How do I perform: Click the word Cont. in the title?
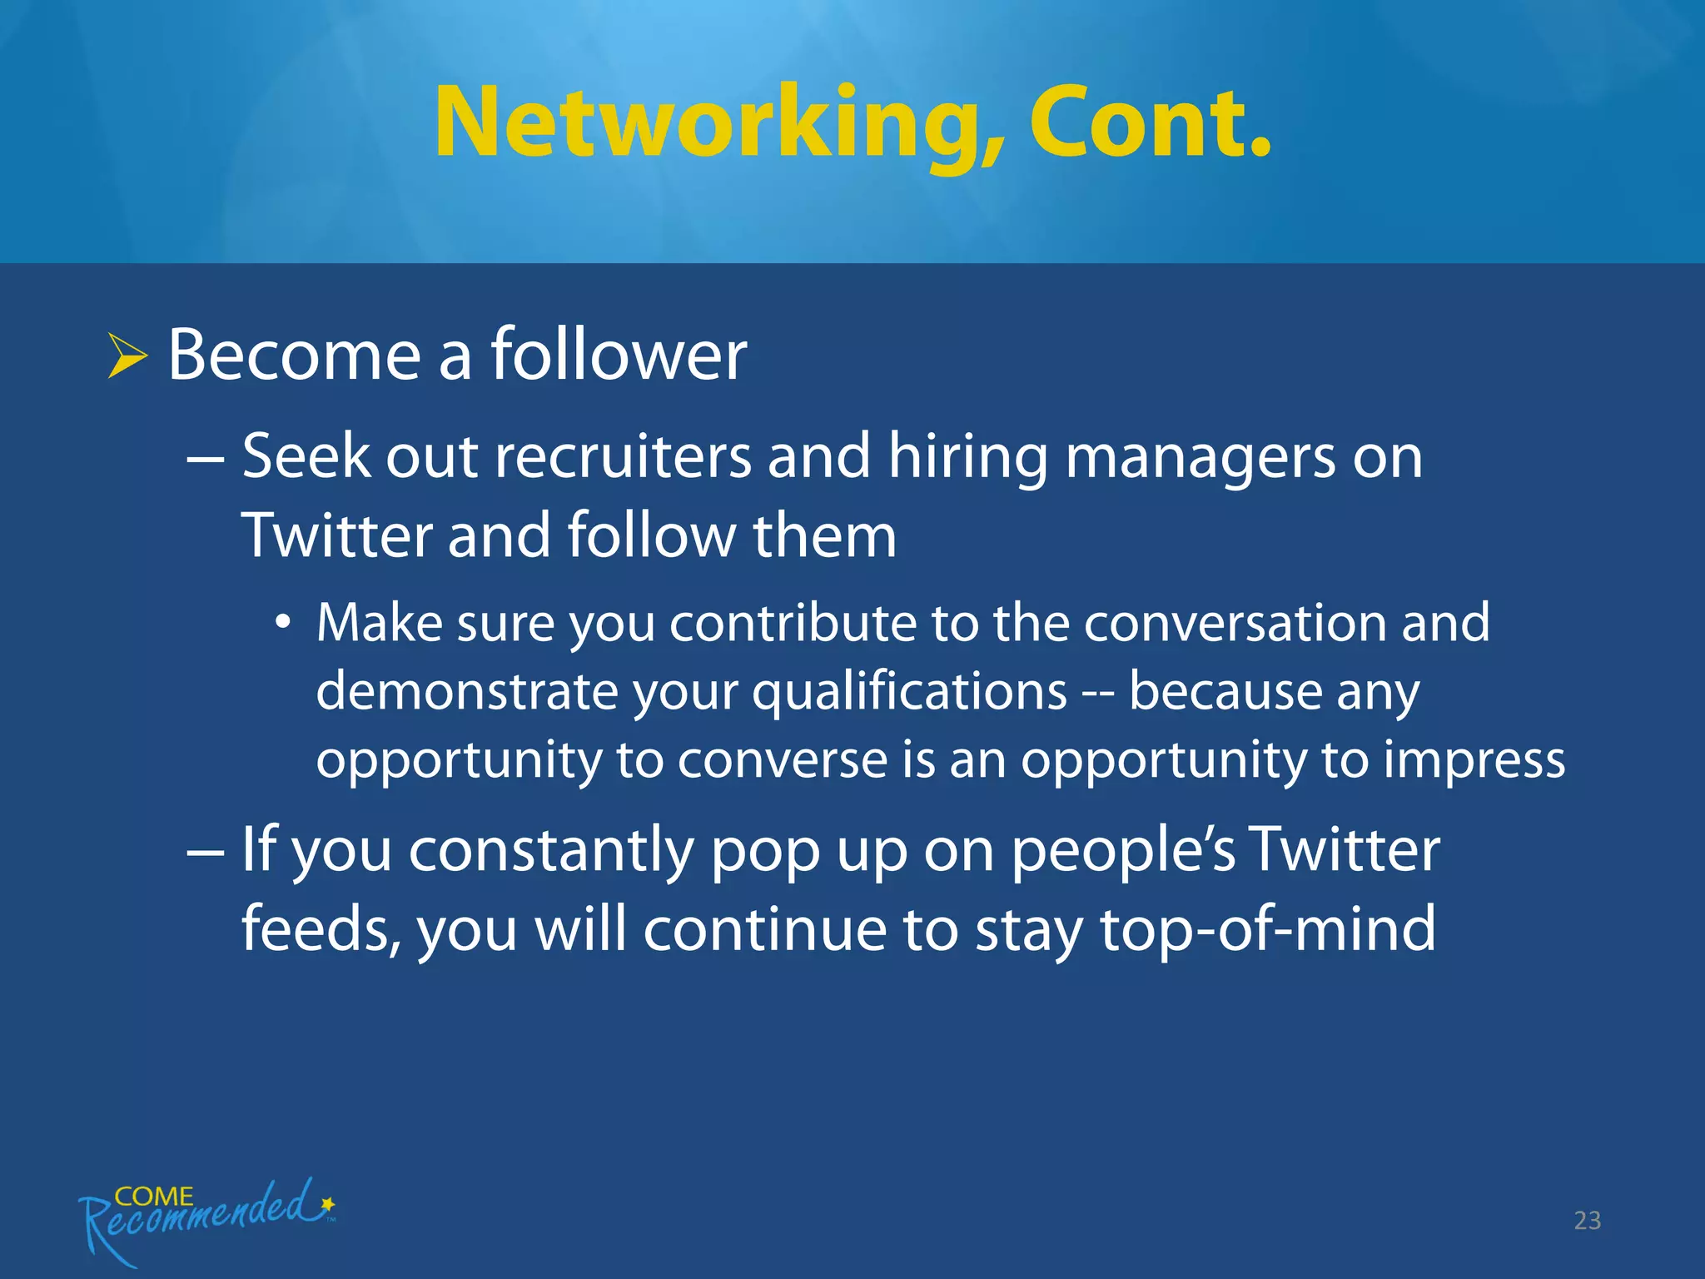(1151, 123)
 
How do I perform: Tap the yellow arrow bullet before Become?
(127, 356)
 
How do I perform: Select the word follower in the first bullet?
(619, 356)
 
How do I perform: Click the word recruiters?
(623, 457)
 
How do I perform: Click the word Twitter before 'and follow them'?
(336, 535)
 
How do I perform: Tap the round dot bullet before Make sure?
(284, 622)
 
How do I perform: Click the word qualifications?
(909, 693)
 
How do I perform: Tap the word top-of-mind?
(1268, 929)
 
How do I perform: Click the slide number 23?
(1587, 1221)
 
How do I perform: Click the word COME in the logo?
(154, 1197)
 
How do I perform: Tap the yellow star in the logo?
(328, 1203)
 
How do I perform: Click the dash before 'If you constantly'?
(205, 853)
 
